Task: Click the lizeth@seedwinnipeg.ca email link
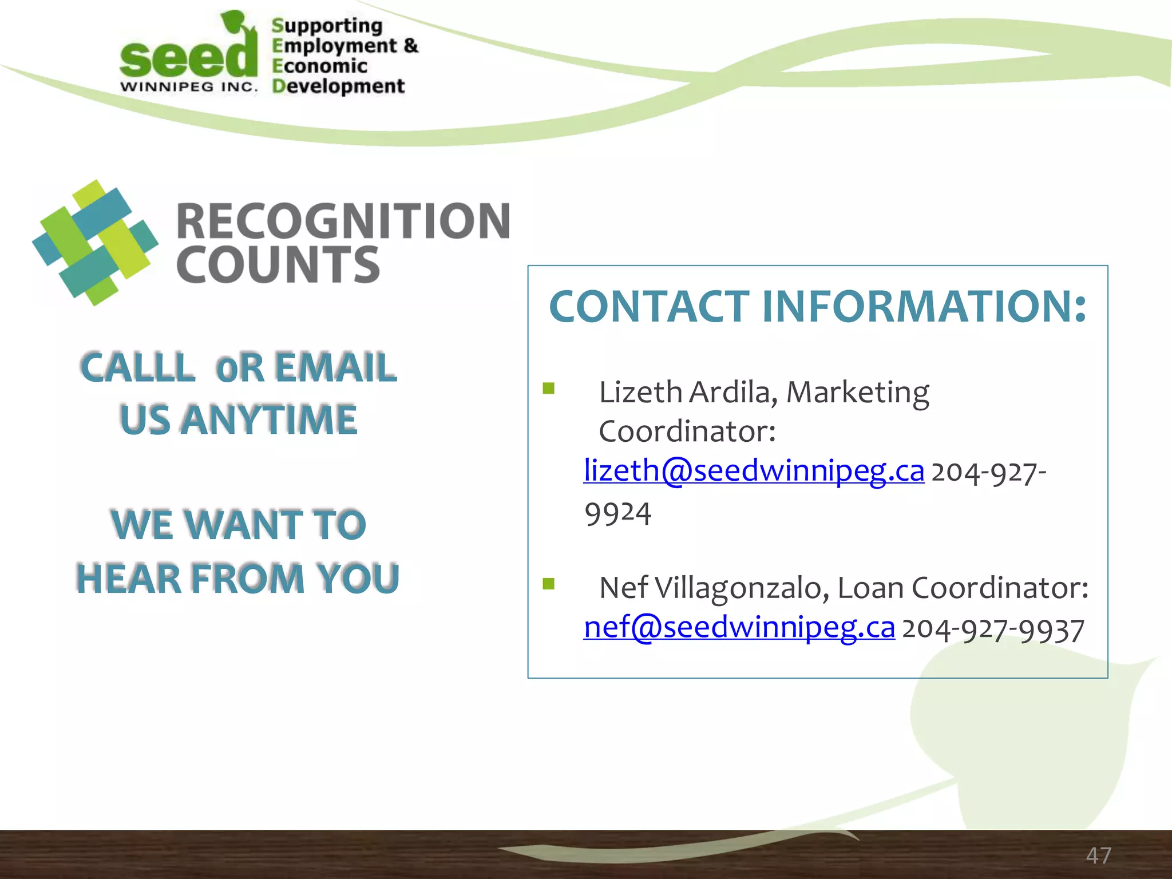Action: tap(753, 472)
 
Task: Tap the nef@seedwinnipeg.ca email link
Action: tap(739, 628)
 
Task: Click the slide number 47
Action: tap(1098, 856)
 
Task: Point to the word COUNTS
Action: tap(278, 265)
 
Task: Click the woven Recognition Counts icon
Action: tap(95, 243)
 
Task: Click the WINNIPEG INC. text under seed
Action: tap(189, 87)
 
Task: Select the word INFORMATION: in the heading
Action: tap(924, 307)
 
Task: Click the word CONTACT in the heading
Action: tap(649, 307)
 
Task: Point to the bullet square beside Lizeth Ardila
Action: tap(549, 389)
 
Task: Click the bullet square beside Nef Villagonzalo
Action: tap(549, 584)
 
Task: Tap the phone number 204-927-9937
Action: tap(993, 629)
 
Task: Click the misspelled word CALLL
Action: tap(137, 367)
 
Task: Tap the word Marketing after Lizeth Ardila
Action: tap(857, 393)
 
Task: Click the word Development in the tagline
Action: tap(338, 86)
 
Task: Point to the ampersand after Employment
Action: tap(411, 45)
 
